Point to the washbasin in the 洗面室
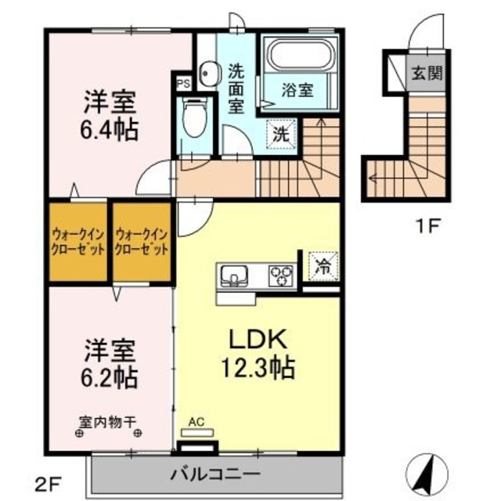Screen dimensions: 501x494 pyautogui.click(x=207, y=73)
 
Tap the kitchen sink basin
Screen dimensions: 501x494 pyautogui.click(x=235, y=275)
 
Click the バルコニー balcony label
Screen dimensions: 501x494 pyautogui.click(x=215, y=473)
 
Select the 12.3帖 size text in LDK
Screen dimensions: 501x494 pyautogui.click(x=250, y=366)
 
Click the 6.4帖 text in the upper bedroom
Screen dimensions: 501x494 pyautogui.click(x=110, y=129)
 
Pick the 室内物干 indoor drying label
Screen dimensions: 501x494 pyautogui.click(x=110, y=420)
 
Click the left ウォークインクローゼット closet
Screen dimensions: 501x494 pyautogui.click(x=77, y=242)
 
